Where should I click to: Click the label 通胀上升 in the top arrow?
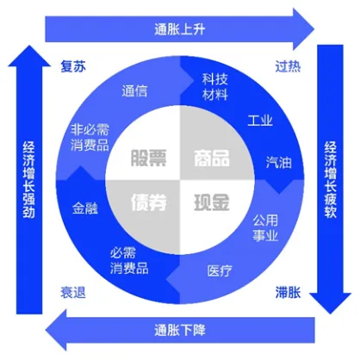point(180,29)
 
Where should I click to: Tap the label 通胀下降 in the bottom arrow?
point(180,330)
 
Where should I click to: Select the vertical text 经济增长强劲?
point(29,180)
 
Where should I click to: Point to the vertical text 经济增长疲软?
point(331,180)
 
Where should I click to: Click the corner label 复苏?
point(73,66)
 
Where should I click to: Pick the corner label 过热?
point(288,66)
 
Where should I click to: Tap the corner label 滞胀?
point(288,293)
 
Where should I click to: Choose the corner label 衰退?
point(73,293)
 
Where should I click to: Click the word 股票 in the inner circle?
point(148,158)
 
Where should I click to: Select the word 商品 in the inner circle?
point(212,158)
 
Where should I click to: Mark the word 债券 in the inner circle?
point(148,202)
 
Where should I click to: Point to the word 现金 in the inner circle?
point(212,202)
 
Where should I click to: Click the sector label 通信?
point(134,91)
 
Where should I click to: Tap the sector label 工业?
point(260,121)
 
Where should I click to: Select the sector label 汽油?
point(279,163)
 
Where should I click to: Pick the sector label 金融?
point(85,208)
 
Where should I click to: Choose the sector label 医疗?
point(220,270)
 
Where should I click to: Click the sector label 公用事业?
point(265,228)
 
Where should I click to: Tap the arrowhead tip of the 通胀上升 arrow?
point(314,29)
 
